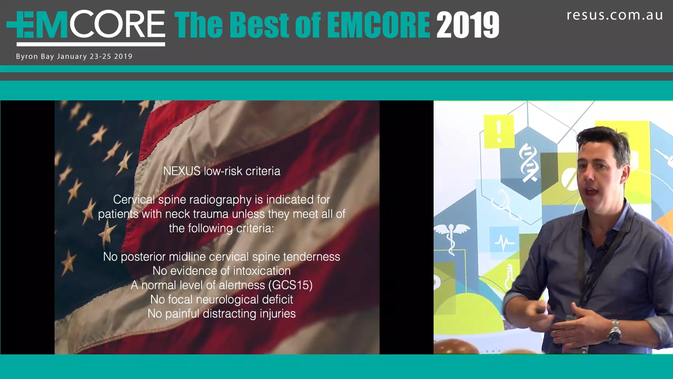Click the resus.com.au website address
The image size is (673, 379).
pyautogui.click(x=615, y=15)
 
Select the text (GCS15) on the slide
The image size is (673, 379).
pyautogui.click(x=290, y=285)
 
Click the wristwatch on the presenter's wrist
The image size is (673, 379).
pyautogui.click(x=614, y=332)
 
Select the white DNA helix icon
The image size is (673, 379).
pyautogui.click(x=528, y=163)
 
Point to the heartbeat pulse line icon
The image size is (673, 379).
pyautogui.click(x=504, y=242)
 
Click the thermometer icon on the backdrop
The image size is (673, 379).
pyautogui.click(x=508, y=276)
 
